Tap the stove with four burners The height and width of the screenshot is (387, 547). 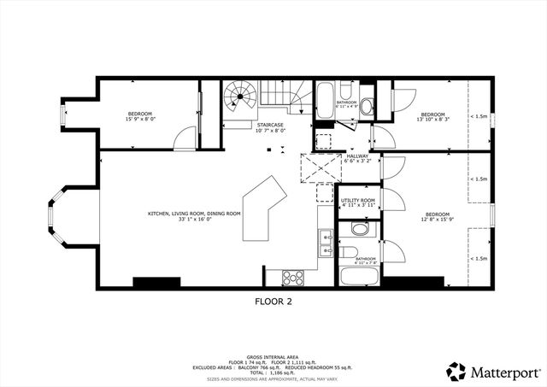[293, 277]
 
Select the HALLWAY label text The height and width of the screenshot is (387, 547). [356, 156]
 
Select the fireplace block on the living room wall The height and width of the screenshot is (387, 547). [155, 283]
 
